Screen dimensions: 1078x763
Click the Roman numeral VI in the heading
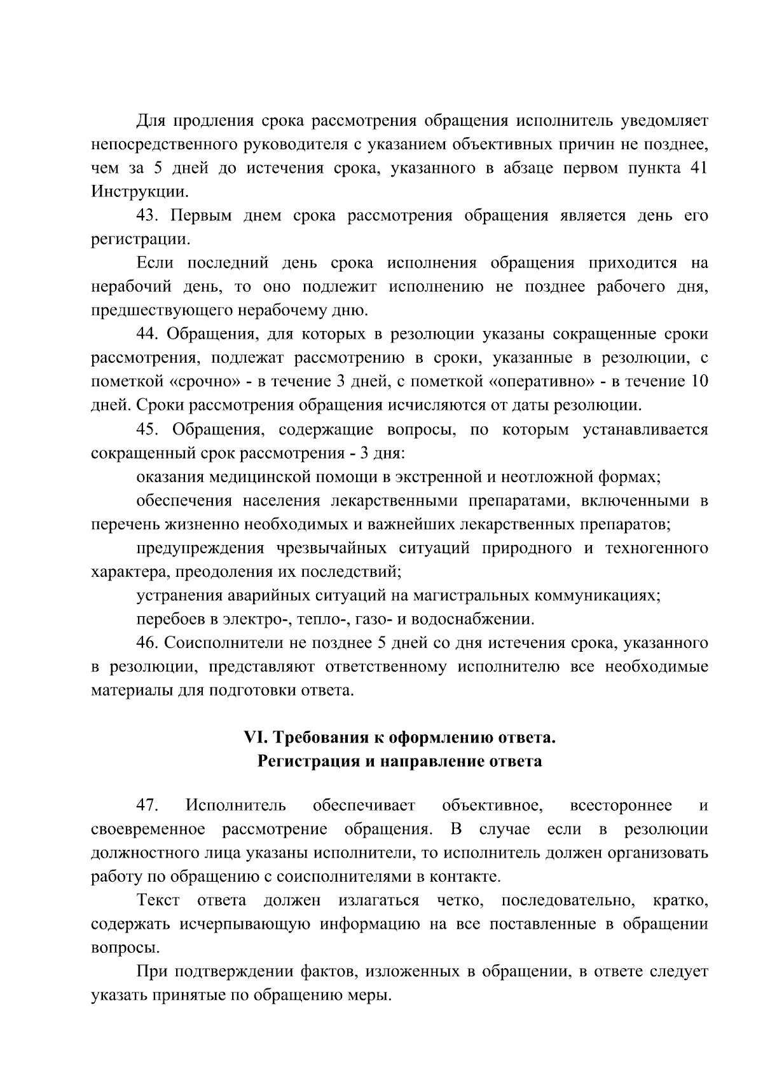(253, 738)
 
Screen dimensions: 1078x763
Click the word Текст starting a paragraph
(158, 901)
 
